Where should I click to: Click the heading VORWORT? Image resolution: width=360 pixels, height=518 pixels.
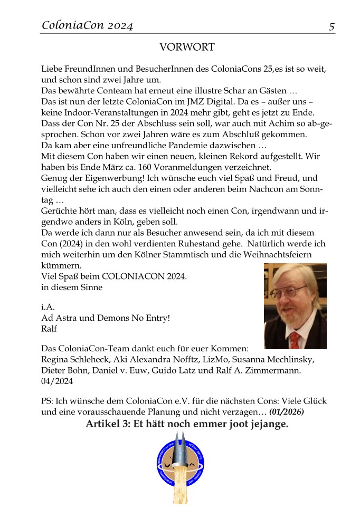click(187, 47)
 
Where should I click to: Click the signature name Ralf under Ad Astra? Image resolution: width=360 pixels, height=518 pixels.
click(48, 329)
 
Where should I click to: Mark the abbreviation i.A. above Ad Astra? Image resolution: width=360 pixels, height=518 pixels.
click(48, 307)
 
